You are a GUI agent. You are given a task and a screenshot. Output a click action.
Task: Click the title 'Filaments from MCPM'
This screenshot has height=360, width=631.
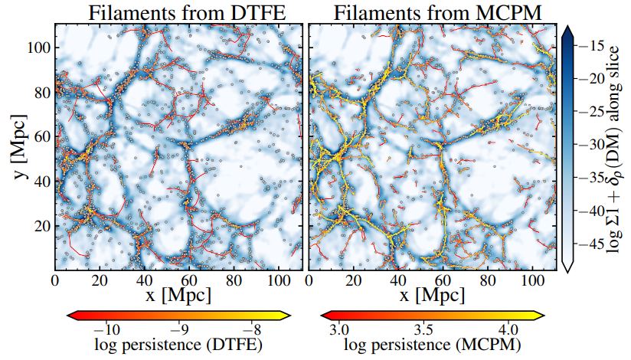433,12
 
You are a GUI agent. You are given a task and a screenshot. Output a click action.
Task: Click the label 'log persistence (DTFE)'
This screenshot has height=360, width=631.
178,345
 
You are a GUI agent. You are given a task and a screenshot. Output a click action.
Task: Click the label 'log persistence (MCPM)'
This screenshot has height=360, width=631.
433,345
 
